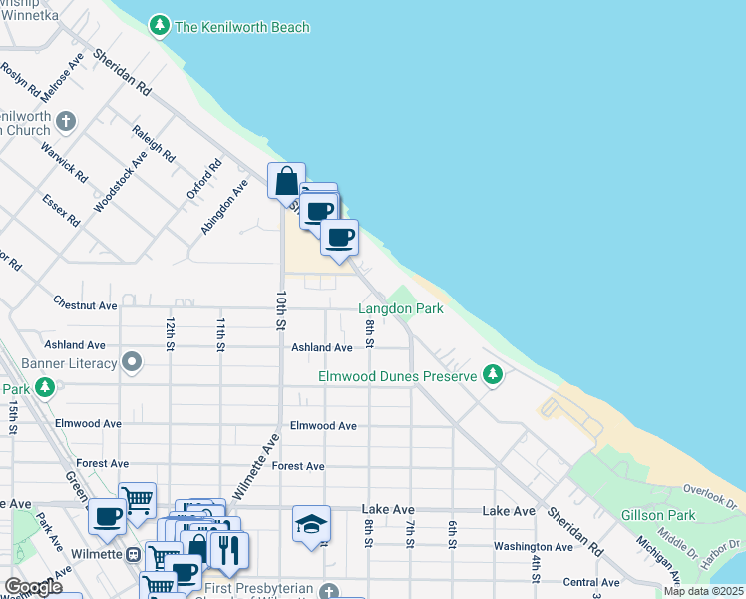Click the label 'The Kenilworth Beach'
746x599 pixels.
242,27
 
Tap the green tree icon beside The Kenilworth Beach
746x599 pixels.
160,26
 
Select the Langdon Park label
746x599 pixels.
400,309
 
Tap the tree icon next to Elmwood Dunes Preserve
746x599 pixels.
491,375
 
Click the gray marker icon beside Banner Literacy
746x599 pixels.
131,360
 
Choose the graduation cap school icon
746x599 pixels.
311,524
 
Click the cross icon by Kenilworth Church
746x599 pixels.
67,122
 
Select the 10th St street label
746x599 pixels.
281,311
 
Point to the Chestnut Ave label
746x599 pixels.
86,305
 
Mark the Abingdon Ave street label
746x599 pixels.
223,207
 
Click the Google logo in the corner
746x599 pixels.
33,587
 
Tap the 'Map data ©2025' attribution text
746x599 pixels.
703,591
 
